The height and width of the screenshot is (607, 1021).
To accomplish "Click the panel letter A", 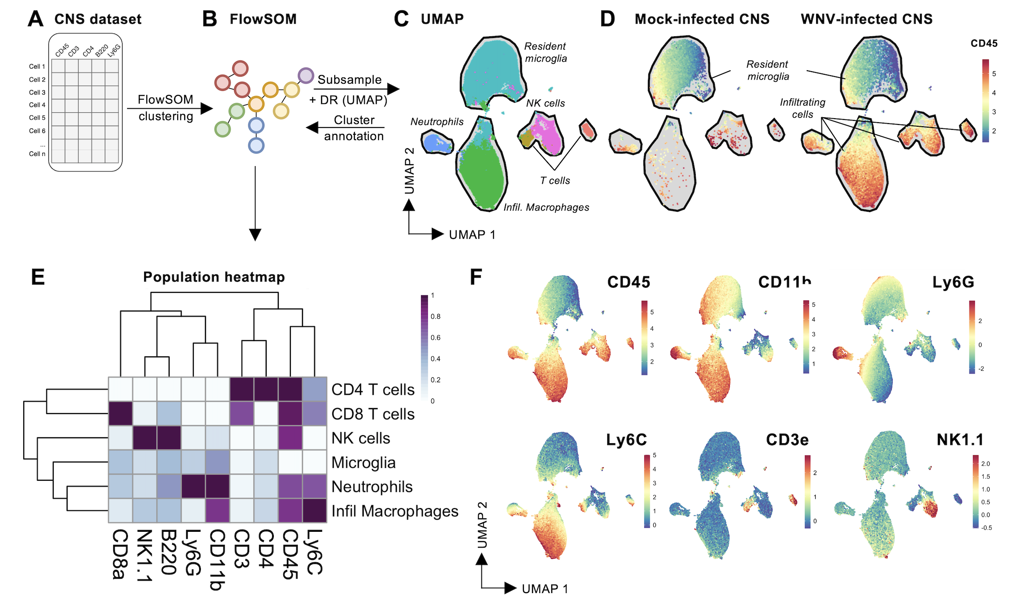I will [x=35, y=19].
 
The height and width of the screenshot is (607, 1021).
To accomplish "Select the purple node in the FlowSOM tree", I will [x=306, y=76].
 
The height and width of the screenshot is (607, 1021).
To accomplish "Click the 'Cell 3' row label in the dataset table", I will [x=37, y=92].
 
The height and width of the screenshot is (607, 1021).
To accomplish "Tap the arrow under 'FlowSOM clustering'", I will [x=170, y=108].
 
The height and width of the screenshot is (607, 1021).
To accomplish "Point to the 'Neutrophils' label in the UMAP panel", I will [x=437, y=122].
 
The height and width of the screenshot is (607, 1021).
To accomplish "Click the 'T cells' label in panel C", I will [x=555, y=180].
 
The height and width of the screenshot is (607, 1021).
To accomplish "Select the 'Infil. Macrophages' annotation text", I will [x=546, y=207].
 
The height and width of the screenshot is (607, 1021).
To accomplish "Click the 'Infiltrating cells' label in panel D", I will [x=802, y=108].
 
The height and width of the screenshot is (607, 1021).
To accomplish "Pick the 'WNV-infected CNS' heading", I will [x=867, y=19].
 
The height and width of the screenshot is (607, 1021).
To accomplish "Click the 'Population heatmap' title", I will [x=214, y=277].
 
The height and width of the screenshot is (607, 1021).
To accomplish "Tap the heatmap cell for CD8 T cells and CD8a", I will [x=121, y=413].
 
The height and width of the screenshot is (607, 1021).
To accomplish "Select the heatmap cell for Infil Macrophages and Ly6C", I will [x=315, y=510].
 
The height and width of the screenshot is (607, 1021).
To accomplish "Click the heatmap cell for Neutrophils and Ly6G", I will [x=193, y=486].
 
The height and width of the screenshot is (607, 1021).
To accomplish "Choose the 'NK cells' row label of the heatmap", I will [x=361, y=438].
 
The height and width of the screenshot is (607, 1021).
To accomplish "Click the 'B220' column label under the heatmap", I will [x=169, y=552].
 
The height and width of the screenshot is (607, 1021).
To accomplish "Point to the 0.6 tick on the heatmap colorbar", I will [x=435, y=338].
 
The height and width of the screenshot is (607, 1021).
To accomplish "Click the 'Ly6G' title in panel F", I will [x=953, y=282].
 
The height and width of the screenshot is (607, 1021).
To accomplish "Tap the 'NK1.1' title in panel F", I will [x=960, y=440].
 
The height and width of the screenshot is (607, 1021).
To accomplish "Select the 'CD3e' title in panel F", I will [x=787, y=440].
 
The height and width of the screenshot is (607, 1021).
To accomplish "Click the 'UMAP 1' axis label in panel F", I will [x=545, y=589].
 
